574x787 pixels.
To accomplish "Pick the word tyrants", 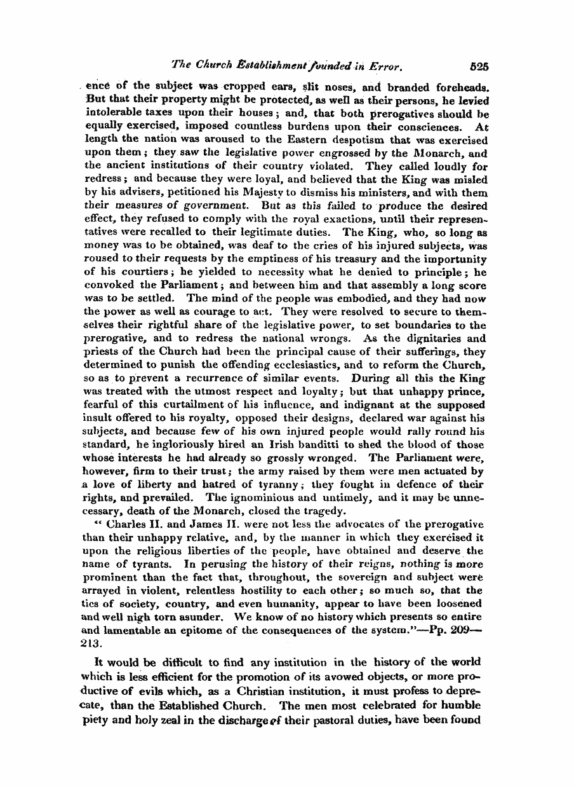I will pyautogui.click(x=143, y=564).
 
